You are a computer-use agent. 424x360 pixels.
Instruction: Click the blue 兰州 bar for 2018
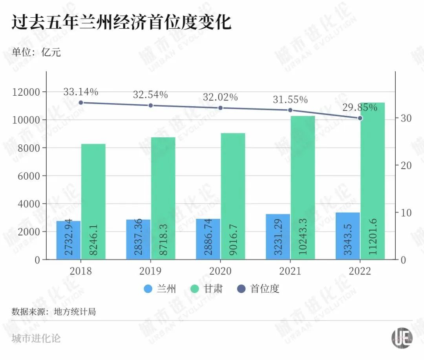(x=69, y=240)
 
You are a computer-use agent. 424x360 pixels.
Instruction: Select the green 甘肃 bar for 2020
(x=233, y=196)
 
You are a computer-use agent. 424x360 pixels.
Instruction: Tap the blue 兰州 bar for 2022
(x=348, y=236)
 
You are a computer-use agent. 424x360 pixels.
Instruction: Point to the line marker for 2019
(x=150, y=105)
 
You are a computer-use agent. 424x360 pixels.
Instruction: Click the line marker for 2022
(x=360, y=118)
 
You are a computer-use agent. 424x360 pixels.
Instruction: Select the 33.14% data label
(x=80, y=92)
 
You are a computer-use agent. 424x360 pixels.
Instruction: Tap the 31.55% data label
(x=290, y=100)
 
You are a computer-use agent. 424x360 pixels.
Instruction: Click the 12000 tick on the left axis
(x=27, y=92)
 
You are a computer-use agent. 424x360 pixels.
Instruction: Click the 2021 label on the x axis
(x=290, y=271)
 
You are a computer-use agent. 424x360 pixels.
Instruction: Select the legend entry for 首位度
(x=259, y=289)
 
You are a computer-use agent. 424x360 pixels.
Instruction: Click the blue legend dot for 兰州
(x=148, y=289)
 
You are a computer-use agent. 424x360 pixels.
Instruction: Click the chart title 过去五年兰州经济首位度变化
(x=121, y=22)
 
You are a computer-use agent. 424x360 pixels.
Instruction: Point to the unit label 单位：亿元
(x=36, y=52)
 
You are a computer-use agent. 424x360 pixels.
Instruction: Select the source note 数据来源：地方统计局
(x=54, y=312)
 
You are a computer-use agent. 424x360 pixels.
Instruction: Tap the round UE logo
(x=402, y=337)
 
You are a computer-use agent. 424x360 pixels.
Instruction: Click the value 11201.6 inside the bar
(x=373, y=239)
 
